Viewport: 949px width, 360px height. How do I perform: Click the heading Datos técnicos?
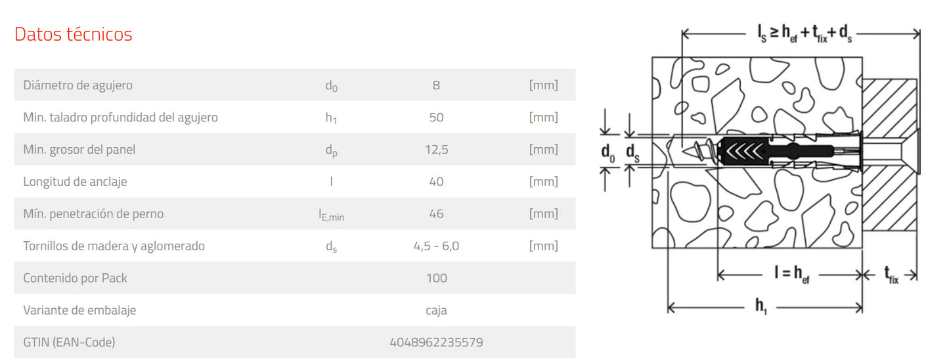pos(74,34)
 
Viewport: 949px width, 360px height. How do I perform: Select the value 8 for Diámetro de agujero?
pos(436,85)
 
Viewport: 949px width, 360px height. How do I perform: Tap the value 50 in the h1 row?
pos(436,117)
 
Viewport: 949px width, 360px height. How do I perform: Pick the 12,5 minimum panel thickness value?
pos(436,150)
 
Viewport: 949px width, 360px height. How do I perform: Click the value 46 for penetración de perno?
pos(436,214)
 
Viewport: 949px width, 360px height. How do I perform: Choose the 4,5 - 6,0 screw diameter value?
pos(436,246)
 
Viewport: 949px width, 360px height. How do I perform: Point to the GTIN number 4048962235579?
pos(436,342)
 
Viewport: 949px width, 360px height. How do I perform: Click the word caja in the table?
pos(436,310)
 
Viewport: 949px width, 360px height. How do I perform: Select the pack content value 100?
pos(436,278)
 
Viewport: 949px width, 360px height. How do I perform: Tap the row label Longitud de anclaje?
pos(75,182)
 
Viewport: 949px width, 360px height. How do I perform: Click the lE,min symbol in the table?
pos(331,215)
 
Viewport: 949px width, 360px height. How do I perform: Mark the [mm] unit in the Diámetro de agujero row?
pos(544,85)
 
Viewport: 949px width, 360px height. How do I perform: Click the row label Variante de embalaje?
pos(79,310)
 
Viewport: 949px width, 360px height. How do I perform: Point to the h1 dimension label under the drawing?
pos(761,306)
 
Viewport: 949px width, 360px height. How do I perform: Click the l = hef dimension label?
pos(792,273)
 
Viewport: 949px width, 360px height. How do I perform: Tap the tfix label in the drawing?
pos(891,274)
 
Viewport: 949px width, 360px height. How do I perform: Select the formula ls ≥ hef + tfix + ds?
pos(805,34)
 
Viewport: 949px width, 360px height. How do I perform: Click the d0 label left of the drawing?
pos(608,152)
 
